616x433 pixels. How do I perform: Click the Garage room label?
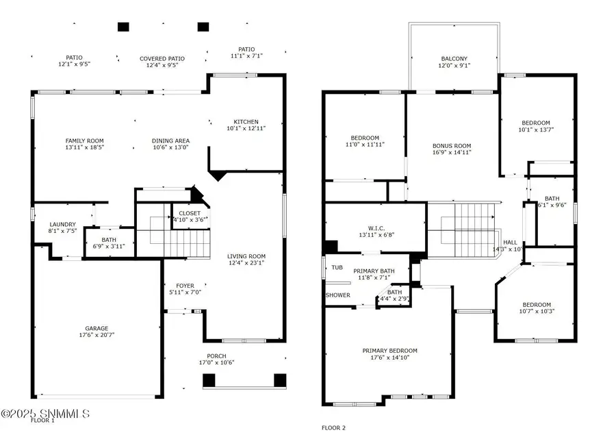pyautogui.click(x=97, y=328)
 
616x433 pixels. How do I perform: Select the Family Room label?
pyautogui.click(x=85, y=140)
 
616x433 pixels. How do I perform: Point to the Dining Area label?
pyautogui.click(x=170, y=140)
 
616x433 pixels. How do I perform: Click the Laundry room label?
pyautogui.click(x=62, y=224)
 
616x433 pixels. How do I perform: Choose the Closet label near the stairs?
pyautogui.click(x=190, y=213)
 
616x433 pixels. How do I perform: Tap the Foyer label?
pyautogui.click(x=185, y=285)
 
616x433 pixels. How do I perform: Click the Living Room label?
pyautogui.click(x=246, y=256)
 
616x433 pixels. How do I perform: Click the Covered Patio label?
pyautogui.click(x=162, y=59)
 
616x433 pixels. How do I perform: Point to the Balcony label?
pyautogui.click(x=454, y=59)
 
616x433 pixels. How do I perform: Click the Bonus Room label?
pyautogui.click(x=452, y=145)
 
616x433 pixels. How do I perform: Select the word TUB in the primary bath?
pyautogui.click(x=337, y=268)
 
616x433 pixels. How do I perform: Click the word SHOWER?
pyautogui.click(x=338, y=295)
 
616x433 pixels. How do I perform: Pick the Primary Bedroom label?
pyautogui.click(x=389, y=350)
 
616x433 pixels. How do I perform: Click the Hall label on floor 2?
pyautogui.click(x=511, y=242)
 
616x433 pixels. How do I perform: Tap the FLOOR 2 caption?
pyautogui.click(x=333, y=428)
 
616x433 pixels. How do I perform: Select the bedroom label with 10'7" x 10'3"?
pyautogui.click(x=536, y=305)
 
